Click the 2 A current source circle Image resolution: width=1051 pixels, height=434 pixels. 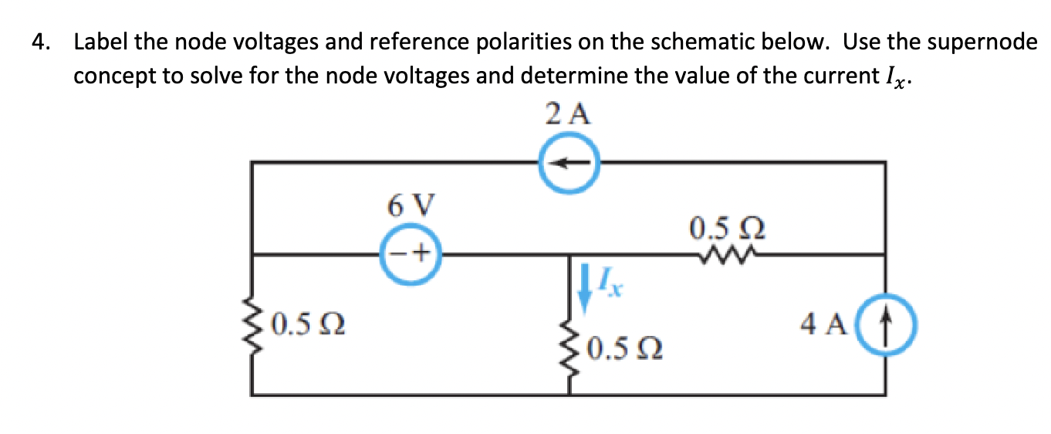coord(569,164)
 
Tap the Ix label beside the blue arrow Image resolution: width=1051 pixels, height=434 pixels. coord(610,288)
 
